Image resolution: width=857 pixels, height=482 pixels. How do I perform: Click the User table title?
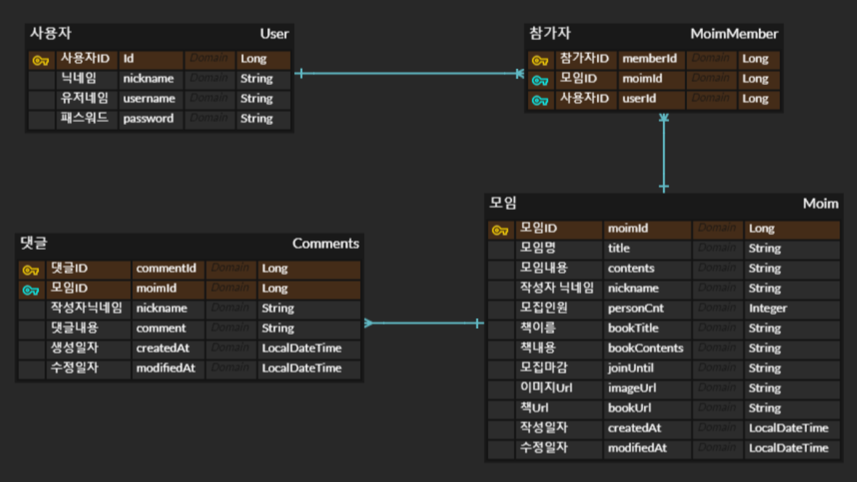(274, 34)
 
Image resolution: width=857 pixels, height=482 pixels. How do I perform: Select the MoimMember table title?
(734, 34)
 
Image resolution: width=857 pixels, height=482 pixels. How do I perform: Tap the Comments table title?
(325, 244)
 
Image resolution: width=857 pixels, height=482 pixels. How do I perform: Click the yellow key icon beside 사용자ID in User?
(41, 60)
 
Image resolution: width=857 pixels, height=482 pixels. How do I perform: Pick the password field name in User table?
(148, 118)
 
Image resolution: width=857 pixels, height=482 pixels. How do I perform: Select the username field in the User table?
(149, 99)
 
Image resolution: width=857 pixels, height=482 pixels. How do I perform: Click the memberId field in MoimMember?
(649, 59)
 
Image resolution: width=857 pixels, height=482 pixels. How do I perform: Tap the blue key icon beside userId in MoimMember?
(540, 100)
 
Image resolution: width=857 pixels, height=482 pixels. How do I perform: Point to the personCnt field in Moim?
(635, 308)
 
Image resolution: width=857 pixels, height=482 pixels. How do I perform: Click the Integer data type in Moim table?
(768, 308)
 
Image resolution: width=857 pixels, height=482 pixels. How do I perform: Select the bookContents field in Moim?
(645, 348)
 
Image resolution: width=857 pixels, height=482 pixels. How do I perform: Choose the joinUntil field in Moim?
(630, 368)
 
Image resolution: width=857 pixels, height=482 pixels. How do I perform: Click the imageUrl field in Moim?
(632, 388)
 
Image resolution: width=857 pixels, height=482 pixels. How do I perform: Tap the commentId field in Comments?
(166, 268)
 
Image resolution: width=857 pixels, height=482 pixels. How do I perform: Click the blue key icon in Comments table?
(31, 290)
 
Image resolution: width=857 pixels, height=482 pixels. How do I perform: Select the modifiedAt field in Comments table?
(166, 368)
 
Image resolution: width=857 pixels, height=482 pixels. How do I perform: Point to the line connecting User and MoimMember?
(407, 73)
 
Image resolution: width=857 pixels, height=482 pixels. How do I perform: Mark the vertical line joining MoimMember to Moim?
(664, 152)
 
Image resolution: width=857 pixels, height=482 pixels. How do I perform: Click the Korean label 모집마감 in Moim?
(543, 368)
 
